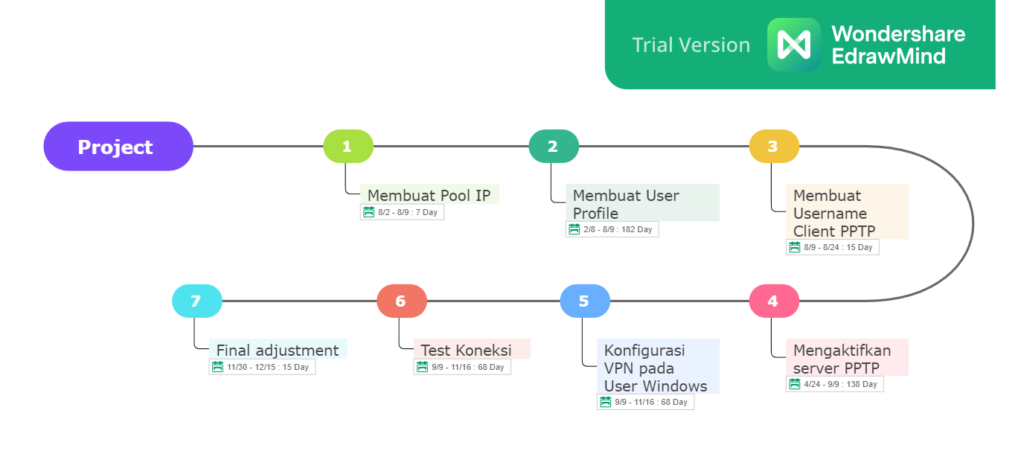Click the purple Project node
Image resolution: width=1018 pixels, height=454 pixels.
click(x=118, y=147)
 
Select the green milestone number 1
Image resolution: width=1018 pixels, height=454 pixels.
click(x=348, y=147)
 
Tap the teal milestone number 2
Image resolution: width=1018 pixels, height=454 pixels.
click(x=554, y=147)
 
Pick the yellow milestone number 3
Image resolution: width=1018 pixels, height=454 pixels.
click(x=774, y=147)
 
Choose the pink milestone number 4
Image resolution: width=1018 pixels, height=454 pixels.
click(x=774, y=301)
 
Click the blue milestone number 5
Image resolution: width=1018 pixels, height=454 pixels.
click(x=585, y=301)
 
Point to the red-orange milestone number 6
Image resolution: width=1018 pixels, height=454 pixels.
click(x=402, y=301)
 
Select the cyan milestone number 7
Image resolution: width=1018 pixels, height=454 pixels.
click(x=196, y=301)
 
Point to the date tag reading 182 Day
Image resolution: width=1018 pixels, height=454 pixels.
click(x=612, y=229)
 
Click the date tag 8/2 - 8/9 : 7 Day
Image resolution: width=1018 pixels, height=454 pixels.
click(x=402, y=212)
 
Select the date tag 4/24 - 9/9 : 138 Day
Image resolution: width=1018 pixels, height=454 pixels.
click(x=835, y=384)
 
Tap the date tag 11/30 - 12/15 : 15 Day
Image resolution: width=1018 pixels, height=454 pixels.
click(x=262, y=367)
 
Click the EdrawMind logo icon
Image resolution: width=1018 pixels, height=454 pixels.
click(x=793, y=45)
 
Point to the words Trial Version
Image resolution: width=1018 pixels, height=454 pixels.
click(x=691, y=45)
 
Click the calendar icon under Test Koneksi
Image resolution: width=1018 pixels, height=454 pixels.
click(x=422, y=367)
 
